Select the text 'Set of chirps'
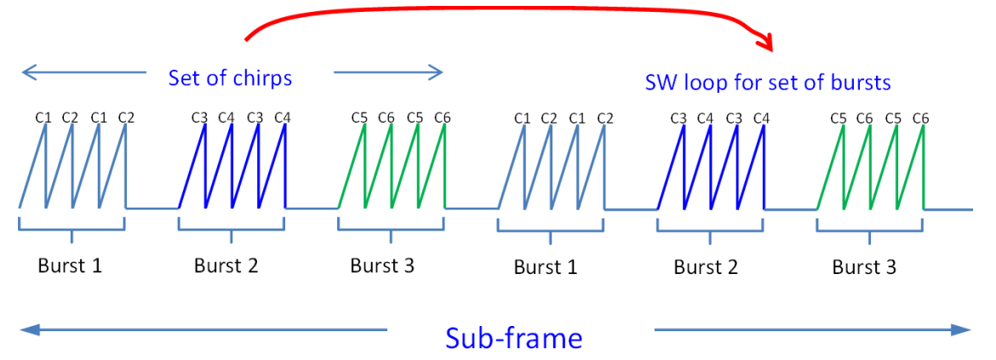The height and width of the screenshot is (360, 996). click(x=230, y=77)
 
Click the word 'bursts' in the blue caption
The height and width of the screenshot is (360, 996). click(x=860, y=83)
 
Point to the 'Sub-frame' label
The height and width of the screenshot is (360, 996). click(x=513, y=338)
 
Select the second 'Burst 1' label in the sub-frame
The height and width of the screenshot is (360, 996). click(x=546, y=267)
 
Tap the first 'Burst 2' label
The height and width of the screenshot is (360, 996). click(x=226, y=265)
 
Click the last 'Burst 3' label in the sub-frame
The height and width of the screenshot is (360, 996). click(x=864, y=267)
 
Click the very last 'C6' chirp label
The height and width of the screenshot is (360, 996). click(x=920, y=118)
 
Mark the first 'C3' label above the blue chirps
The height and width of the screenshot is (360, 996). click(x=199, y=117)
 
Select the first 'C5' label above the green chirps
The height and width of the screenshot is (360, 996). click(x=359, y=117)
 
